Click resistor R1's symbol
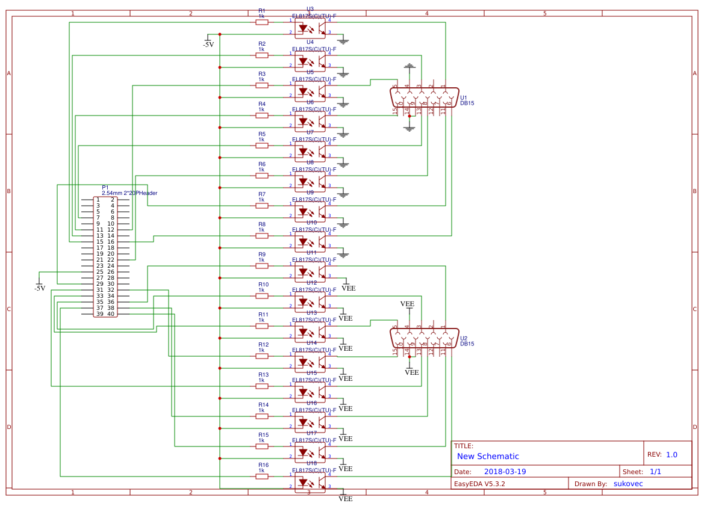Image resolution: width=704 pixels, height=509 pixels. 261,22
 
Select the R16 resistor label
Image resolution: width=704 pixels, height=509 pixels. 263,465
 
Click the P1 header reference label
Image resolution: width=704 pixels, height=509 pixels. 105,187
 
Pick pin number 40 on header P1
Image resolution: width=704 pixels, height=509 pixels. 111,314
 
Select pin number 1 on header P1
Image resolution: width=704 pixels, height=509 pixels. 98,200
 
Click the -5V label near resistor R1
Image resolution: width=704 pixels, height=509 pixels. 208,45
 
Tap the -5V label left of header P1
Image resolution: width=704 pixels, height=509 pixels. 40,288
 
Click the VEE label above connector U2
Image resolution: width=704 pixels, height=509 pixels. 407,304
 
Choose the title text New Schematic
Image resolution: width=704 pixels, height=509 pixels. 488,457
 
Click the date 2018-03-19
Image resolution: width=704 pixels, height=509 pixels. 505,472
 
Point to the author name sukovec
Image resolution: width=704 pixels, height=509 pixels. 628,484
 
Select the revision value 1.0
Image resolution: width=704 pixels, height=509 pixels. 671,455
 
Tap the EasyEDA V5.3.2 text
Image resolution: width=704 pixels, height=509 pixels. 479,484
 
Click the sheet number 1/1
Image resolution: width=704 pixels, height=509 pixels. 656,472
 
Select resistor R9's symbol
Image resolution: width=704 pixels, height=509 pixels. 261,266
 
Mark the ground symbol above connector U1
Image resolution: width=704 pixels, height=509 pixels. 410,65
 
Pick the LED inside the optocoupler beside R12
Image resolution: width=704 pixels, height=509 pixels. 304,362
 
